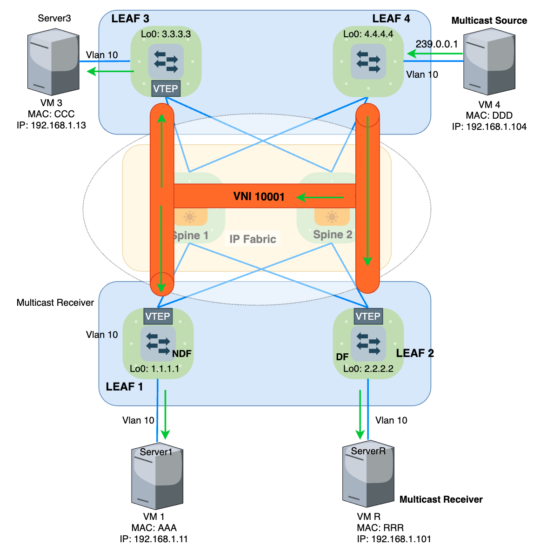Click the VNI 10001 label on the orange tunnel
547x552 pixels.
259,196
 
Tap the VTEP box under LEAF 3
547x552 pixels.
165,88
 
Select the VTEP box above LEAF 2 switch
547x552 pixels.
367,316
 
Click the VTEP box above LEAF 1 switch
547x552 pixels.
157,316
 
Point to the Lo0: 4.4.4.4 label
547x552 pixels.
368,34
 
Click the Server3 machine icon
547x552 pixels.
53,61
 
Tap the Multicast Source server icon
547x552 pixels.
489,61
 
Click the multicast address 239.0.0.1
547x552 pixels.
436,44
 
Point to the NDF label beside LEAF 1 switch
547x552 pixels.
181,354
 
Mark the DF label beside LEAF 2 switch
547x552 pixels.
342,357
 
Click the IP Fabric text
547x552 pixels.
253,239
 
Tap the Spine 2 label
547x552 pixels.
332,235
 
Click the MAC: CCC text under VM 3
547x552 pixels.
51,114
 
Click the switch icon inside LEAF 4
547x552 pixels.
368,61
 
